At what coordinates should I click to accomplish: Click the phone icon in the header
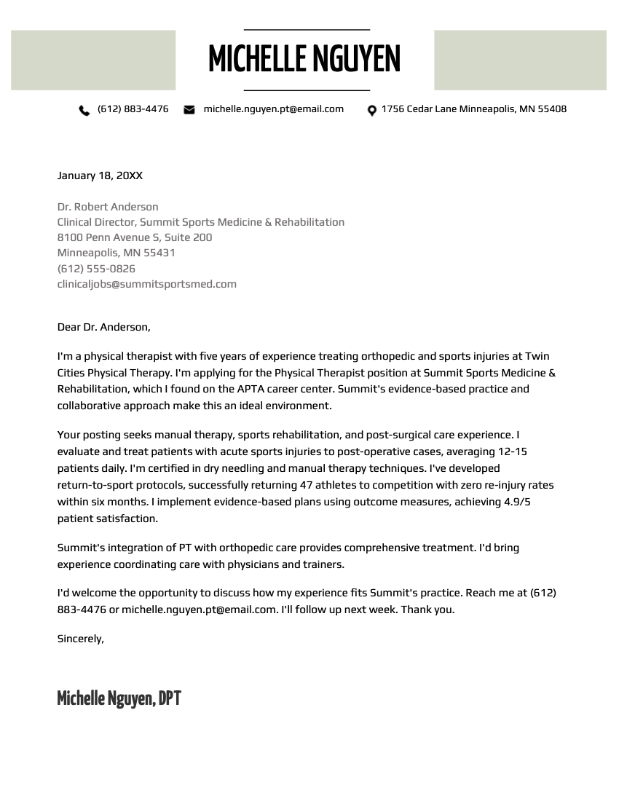(x=84, y=110)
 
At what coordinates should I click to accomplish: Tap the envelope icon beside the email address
(x=189, y=110)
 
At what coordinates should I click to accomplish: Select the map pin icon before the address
(x=371, y=111)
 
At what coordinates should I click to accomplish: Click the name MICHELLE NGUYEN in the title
(x=304, y=60)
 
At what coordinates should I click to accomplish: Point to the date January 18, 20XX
(x=100, y=175)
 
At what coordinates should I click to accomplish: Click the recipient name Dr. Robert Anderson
(x=108, y=207)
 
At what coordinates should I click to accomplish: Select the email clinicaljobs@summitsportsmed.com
(x=147, y=284)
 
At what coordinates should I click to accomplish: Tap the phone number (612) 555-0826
(x=96, y=269)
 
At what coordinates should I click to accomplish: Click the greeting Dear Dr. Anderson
(x=103, y=327)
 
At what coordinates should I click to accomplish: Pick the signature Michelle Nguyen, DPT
(x=119, y=699)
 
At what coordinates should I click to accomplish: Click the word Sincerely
(x=80, y=639)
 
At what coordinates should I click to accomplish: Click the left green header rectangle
(x=93, y=60)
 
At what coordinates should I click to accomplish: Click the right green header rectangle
(x=520, y=60)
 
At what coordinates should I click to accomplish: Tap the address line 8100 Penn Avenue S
(x=135, y=237)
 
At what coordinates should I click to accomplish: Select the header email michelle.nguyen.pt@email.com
(x=273, y=109)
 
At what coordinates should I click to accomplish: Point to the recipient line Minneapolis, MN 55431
(x=117, y=253)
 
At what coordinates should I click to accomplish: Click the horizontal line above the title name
(x=307, y=30)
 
